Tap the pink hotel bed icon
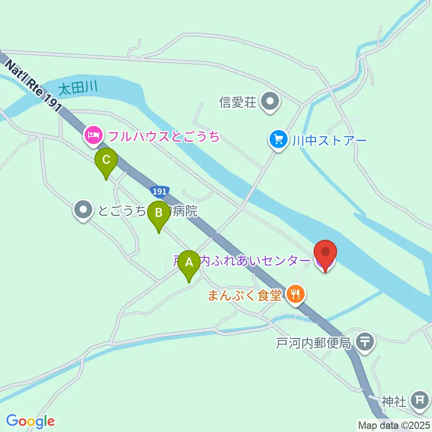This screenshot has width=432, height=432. [93, 135]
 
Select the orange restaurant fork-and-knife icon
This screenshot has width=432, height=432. [295, 295]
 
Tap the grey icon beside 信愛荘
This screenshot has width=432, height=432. [270, 102]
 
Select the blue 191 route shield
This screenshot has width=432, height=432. [159, 192]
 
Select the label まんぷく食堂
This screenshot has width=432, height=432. [245, 295]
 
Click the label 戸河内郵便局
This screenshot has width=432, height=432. [313, 343]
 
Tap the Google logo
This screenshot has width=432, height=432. [30, 421]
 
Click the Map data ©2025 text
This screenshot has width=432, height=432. [394, 425]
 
